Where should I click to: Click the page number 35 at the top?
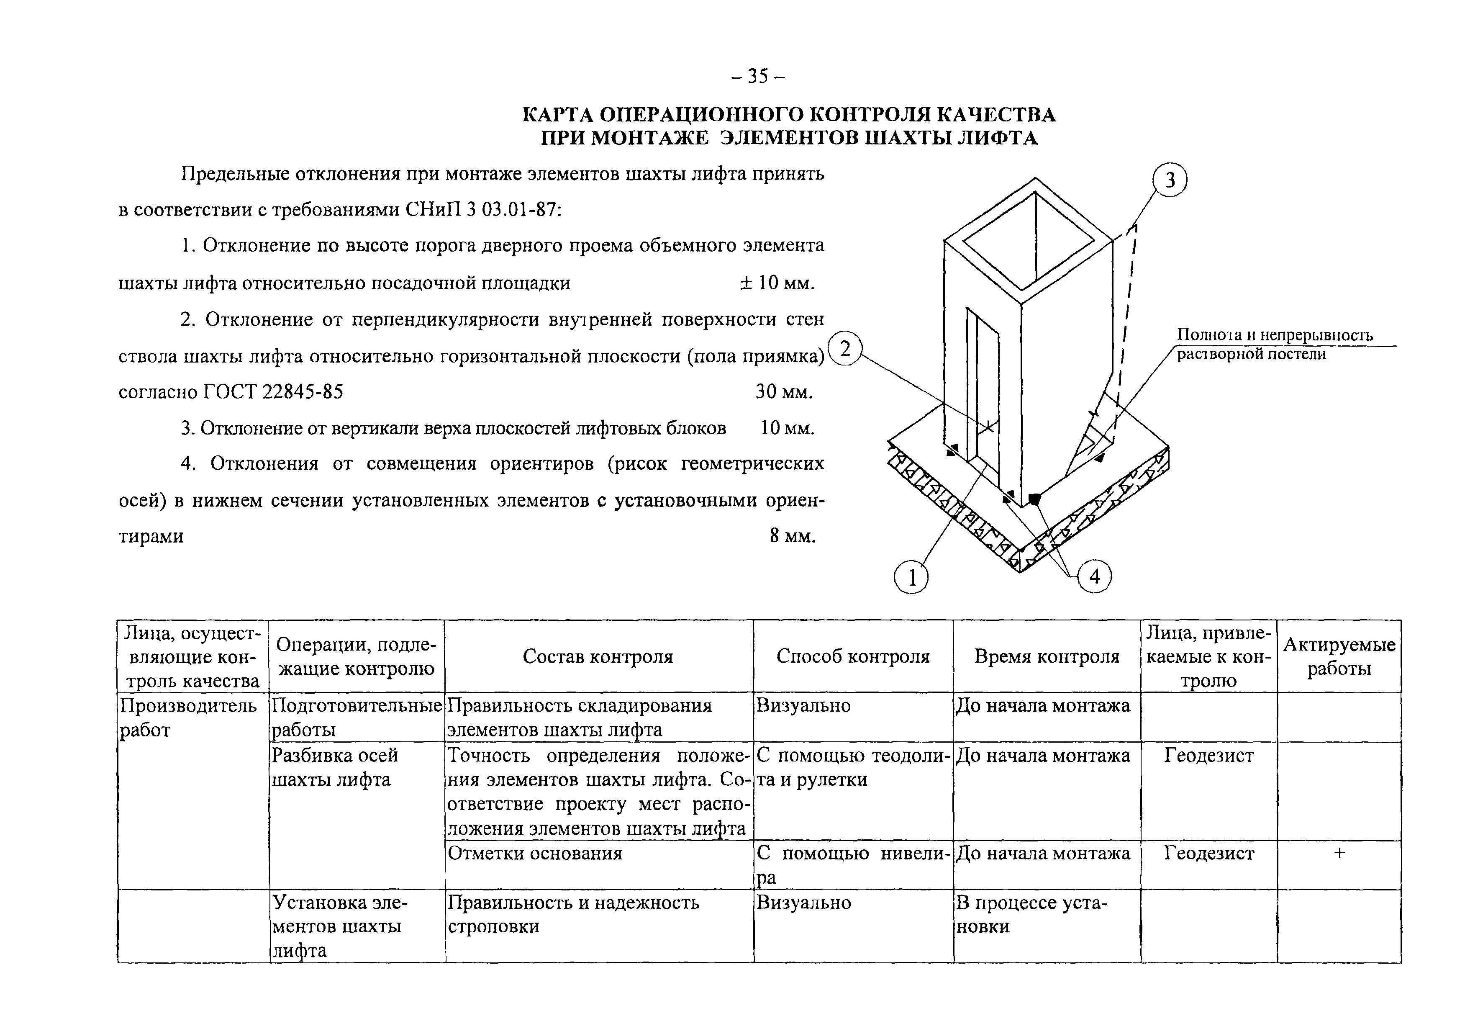(x=757, y=77)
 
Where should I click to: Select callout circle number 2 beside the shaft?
(x=845, y=349)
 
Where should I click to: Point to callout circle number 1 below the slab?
(x=911, y=578)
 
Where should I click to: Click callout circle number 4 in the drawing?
(x=1094, y=577)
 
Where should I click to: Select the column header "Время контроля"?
(x=1047, y=657)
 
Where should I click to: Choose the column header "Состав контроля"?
(x=598, y=657)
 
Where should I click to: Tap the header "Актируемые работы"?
(x=1339, y=657)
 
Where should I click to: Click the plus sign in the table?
(x=1339, y=853)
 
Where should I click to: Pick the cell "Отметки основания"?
(x=535, y=854)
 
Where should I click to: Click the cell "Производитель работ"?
(x=188, y=718)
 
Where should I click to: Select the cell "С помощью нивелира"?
(x=852, y=865)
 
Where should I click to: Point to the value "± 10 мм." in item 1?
(x=777, y=283)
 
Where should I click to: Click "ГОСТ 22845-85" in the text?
(x=273, y=391)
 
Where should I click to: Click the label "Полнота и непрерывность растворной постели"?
(x=1274, y=344)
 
